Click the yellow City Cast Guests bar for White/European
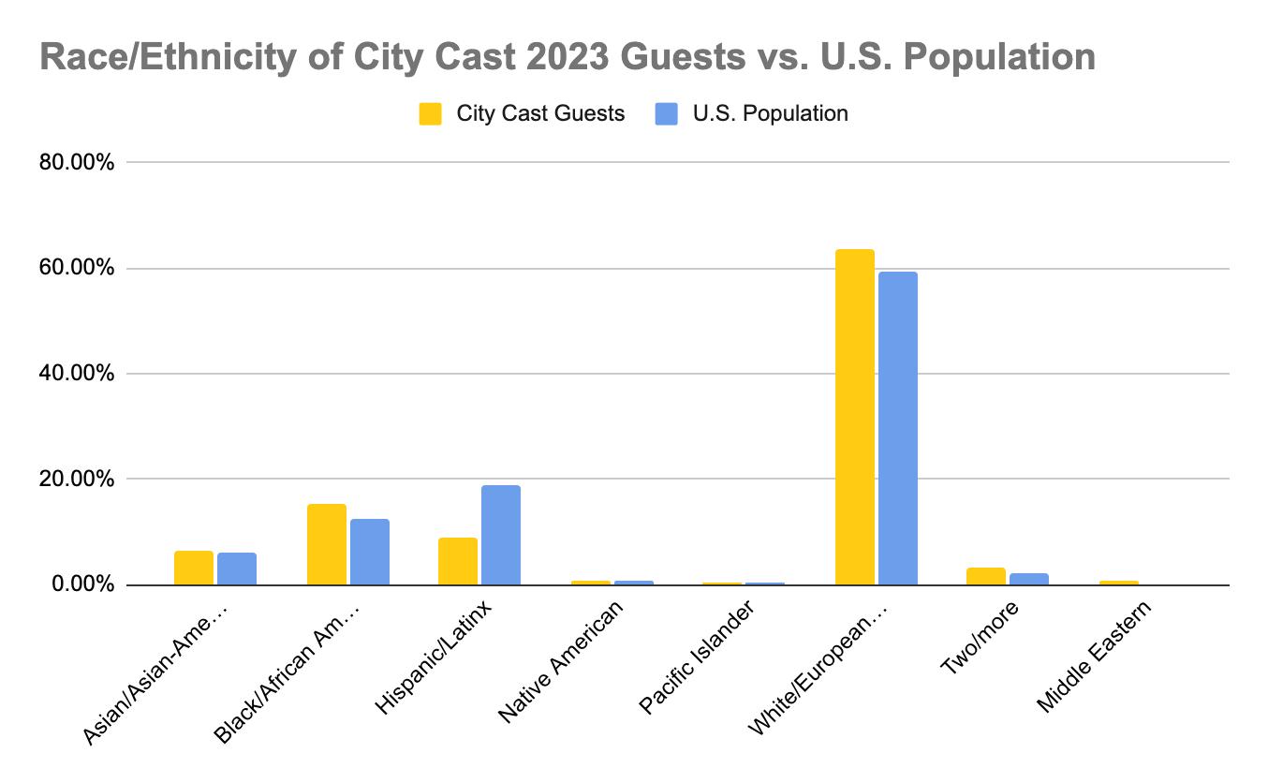pyautogui.click(x=854, y=417)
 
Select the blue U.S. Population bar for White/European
pyautogui.click(x=897, y=428)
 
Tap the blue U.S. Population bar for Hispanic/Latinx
pyautogui.click(x=501, y=535)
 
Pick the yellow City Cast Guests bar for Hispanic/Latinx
pyautogui.click(x=458, y=561)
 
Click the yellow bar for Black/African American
pyautogui.click(x=327, y=544)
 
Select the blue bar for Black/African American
pyautogui.click(x=370, y=552)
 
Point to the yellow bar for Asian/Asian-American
pyautogui.click(x=194, y=568)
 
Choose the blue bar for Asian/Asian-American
pyautogui.click(x=237, y=569)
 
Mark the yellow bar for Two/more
pyautogui.click(x=986, y=576)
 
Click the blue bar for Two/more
pyautogui.click(x=1029, y=579)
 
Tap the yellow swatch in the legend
pyautogui.click(x=430, y=114)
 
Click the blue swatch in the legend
pyautogui.click(x=666, y=114)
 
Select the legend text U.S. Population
pyautogui.click(x=770, y=114)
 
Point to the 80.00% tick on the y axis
pyautogui.click(x=77, y=163)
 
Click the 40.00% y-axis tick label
pyautogui.click(x=77, y=374)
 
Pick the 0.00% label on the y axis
pyautogui.click(x=82, y=585)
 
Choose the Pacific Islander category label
pyautogui.click(x=698, y=661)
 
